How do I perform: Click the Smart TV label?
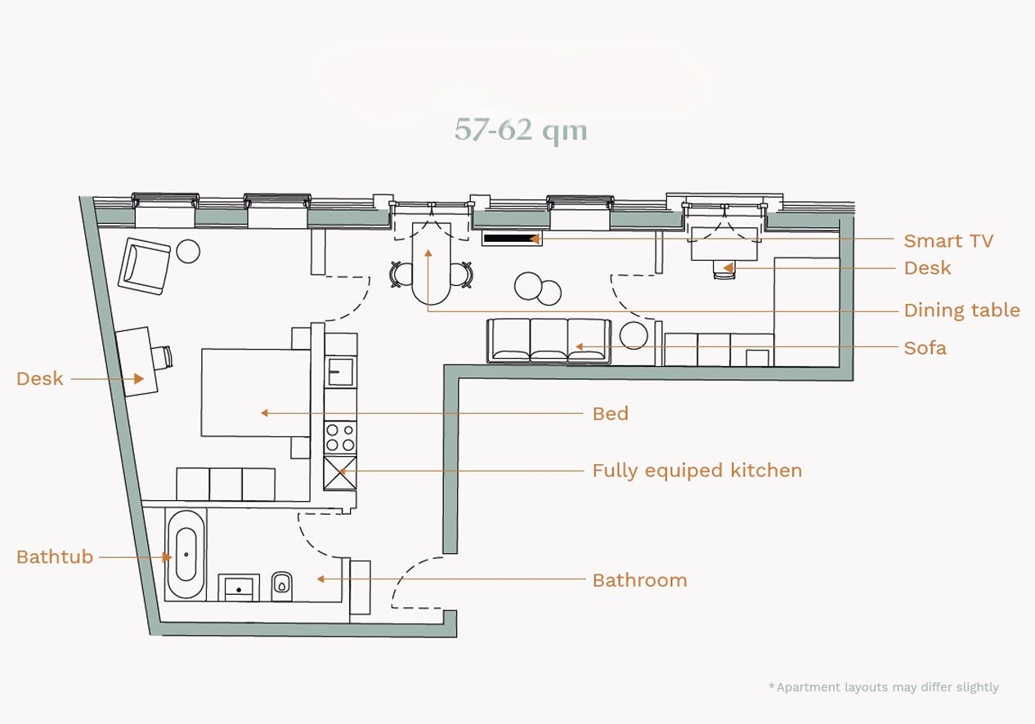coord(948,240)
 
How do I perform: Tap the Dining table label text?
coord(961,310)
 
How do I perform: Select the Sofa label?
coord(925,347)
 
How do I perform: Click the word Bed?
coord(611,413)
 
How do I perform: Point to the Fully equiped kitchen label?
coord(697,471)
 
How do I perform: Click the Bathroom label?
coord(640,580)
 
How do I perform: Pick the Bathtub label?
coord(55,556)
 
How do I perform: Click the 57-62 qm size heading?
coord(521,130)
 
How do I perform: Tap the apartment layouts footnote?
coord(884,687)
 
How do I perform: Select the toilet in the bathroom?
coord(281,586)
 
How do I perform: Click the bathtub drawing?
coord(186,554)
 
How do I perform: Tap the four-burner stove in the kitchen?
coord(340,437)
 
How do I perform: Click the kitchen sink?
coord(341,371)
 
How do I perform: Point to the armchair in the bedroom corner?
coord(144,266)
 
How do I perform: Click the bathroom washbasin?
coord(239,588)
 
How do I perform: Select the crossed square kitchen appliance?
coord(340,473)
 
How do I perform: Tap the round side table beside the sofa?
coord(634,335)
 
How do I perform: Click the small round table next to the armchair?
coord(189,252)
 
